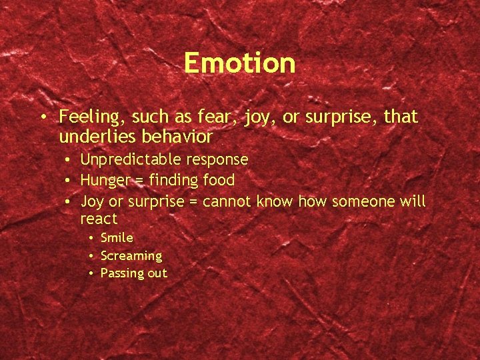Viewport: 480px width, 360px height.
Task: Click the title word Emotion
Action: point(239,63)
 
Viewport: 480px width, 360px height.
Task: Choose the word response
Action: point(216,160)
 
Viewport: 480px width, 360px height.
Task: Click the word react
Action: point(99,219)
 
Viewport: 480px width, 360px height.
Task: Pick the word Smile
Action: point(117,238)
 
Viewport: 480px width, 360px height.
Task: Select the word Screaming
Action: point(131,256)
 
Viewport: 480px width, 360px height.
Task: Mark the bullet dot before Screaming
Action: point(90,256)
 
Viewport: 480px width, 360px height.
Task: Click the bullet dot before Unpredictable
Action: point(69,160)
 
